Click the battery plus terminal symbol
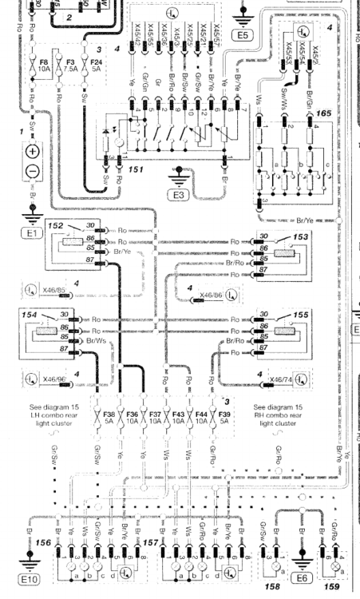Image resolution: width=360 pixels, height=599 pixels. coord(33,152)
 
